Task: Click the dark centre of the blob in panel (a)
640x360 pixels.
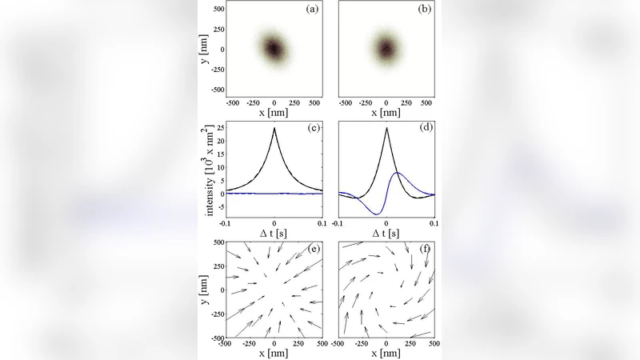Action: pos(274,49)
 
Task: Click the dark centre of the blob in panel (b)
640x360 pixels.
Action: pos(386,49)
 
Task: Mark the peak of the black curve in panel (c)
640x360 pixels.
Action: pos(274,128)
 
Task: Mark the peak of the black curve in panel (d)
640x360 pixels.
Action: pos(386,128)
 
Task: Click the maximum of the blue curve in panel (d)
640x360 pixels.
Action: pos(398,173)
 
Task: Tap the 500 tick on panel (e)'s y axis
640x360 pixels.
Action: pos(217,242)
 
